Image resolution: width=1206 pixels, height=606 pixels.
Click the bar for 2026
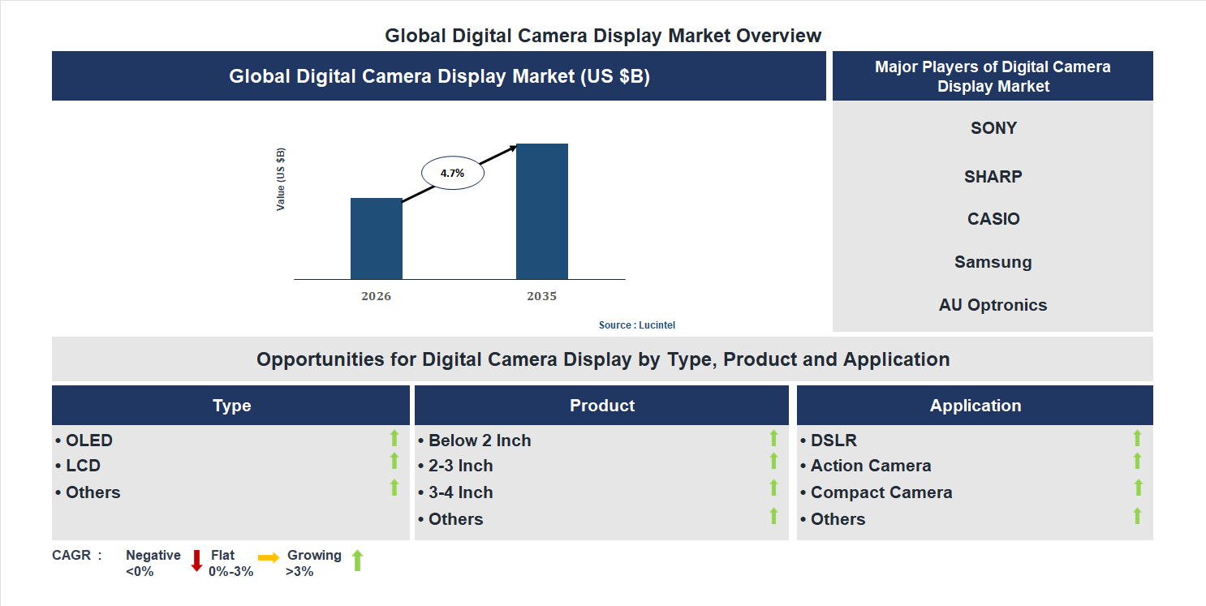coord(376,239)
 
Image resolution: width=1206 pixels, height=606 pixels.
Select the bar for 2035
coord(541,212)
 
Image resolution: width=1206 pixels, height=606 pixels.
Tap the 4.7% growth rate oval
coord(452,173)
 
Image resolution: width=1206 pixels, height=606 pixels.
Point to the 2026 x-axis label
coord(376,296)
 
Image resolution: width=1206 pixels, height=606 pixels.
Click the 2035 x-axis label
coord(541,296)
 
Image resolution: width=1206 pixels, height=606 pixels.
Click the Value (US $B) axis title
coord(281,179)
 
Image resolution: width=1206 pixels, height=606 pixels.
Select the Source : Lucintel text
coord(636,325)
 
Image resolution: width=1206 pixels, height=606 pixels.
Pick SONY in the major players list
coord(993,128)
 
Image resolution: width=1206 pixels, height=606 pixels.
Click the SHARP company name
coord(993,177)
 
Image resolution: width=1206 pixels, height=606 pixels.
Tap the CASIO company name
coord(993,219)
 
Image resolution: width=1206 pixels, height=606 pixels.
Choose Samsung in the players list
coord(993,262)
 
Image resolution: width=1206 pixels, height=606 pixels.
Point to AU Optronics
coord(993,305)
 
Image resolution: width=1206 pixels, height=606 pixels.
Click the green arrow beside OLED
coord(394,438)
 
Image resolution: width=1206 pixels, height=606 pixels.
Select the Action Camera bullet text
coord(870,466)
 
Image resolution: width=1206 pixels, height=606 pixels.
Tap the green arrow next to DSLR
coord(1137,438)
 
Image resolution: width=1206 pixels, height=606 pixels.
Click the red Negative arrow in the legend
coord(196,561)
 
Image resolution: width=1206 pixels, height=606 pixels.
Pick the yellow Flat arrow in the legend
coord(269,557)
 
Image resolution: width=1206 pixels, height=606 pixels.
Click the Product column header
coord(601,406)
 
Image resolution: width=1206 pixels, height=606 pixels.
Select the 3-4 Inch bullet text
coord(460,492)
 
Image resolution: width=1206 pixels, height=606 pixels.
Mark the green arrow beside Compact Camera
coord(1138,488)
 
